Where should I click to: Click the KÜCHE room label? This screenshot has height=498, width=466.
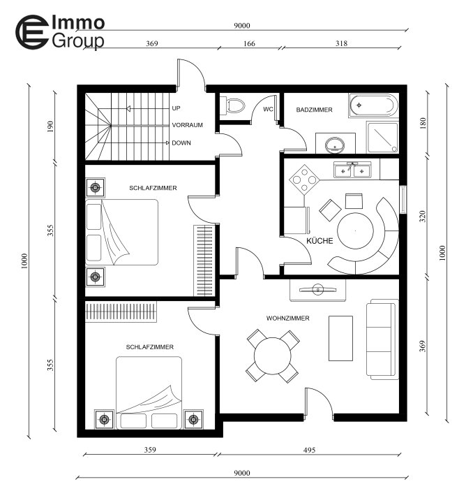pyautogui.click(x=320, y=241)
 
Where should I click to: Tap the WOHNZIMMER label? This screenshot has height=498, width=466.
pyautogui.click(x=287, y=318)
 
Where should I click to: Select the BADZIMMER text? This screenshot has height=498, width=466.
pyautogui.click(x=314, y=110)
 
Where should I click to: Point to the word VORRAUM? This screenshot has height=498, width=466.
pyautogui.click(x=187, y=125)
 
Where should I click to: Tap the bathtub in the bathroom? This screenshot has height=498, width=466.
pyautogui.click(x=373, y=105)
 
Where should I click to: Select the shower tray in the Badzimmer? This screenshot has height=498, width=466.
pyautogui.click(x=382, y=137)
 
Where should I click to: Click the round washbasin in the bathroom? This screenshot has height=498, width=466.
pyautogui.click(x=335, y=145)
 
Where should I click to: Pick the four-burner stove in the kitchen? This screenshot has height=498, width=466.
pyautogui.click(x=304, y=180)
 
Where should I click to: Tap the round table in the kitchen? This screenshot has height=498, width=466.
pyautogui.click(x=355, y=231)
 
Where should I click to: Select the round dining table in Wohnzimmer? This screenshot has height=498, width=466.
pyautogui.click(x=273, y=356)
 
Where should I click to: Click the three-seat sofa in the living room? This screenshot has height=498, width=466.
pyautogui.click(x=382, y=339)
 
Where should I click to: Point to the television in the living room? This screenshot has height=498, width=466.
pyautogui.click(x=318, y=289)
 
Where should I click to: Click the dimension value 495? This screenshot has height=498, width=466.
pyautogui.click(x=309, y=450)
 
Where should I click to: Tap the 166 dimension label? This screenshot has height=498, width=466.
pyautogui.click(x=249, y=43)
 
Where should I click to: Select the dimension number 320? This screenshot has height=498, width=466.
pyautogui.click(x=423, y=217)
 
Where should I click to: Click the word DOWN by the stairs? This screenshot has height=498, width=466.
pyautogui.click(x=181, y=143)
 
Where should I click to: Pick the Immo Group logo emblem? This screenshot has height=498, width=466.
pyautogui.click(x=32, y=31)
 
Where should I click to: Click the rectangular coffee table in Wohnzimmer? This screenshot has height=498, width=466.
pyautogui.click(x=340, y=338)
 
